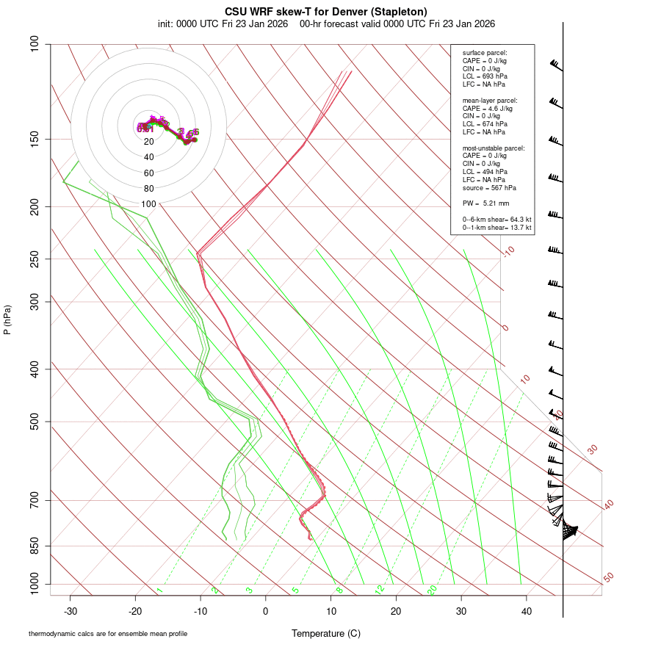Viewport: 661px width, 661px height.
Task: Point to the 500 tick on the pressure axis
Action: click(x=34, y=422)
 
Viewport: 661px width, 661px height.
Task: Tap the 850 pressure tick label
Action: click(x=34, y=546)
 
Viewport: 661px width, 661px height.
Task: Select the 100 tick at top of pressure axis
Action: click(x=34, y=44)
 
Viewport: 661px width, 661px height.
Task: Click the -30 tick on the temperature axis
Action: click(x=71, y=610)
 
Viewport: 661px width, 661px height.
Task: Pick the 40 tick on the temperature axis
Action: click(x=527, y=610)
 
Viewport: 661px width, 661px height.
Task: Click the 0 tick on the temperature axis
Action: click(x=266, y=610)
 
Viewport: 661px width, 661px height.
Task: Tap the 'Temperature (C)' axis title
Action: click(x=326, y=633)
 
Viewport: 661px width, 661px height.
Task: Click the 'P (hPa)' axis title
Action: click(x=7, y=320)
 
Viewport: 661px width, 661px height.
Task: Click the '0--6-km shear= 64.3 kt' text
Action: click(x=497, y=220)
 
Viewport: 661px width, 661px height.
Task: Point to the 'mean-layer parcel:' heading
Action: click(x=490, y=100)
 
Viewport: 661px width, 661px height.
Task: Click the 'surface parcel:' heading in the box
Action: click(x=485, y=53)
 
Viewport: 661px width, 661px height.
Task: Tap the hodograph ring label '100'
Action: click(x=148, y=204)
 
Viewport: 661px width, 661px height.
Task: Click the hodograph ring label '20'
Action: click(x=148, y=142)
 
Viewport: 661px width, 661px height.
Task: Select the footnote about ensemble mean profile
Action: click(x=108, y=634)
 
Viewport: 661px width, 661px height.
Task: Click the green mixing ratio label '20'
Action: click(x=433, y=589)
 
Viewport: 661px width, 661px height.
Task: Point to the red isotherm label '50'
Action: click(x=609, y=578)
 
